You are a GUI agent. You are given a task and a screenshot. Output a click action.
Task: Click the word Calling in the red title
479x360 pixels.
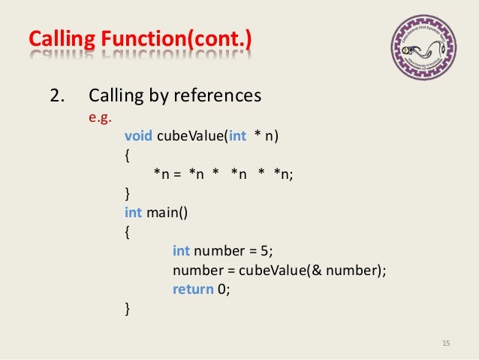pyautogui.click(x=57, y=38)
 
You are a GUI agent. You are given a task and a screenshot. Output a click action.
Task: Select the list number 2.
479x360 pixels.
pyautogui.click(x=56, y=97)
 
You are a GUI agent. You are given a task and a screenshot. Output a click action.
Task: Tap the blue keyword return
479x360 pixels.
pyautogui.click(x=193, y=289)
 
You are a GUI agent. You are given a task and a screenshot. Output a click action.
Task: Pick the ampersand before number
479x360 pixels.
pyautogui.click(x=318, y=271)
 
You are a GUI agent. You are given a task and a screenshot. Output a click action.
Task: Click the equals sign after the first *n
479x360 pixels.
pyautogui.click(x=178, y=174)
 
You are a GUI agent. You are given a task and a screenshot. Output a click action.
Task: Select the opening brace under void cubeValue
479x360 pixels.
pyautogui.click(x=126, y=155)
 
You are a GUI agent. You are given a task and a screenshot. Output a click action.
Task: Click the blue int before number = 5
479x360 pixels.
pyautogui.click(x=181, y=251)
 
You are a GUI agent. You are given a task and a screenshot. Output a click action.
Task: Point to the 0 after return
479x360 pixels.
pyautogui.click(x=222, y=289)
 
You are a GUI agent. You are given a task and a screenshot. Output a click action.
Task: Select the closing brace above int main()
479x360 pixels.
pyautogui.click(x=126, y=194)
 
